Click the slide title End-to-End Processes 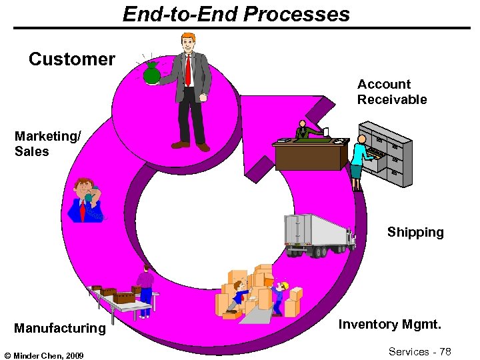click(x=236, y=14)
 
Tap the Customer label click(x=72, y=59)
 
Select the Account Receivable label click(x=392, y=92)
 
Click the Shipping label click(x=415, y=232)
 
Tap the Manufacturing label click(x=60, y=328)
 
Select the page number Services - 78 click(x=420, y=351)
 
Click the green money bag click(x=152, y=73)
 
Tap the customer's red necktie click(x=189, y=71)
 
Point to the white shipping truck click(x=317, y=235)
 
